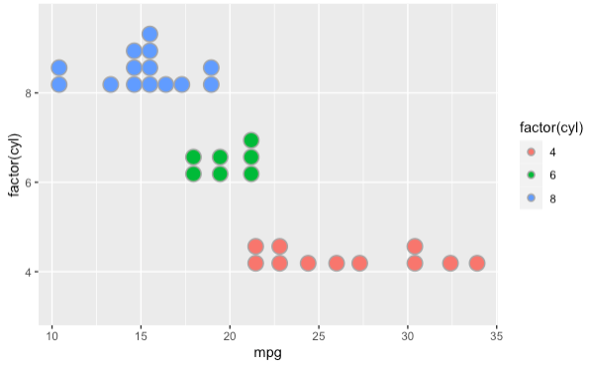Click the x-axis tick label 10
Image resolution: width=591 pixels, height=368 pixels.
[51, 335]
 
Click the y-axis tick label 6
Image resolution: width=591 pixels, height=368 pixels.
[31, 183]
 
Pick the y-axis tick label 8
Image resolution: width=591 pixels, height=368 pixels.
[31, 93]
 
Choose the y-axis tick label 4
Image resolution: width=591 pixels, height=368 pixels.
[31, 272]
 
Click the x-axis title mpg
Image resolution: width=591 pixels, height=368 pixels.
[267, 353]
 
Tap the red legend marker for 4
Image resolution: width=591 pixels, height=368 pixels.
[532, 152]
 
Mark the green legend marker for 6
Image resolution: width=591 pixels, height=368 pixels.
[532, 175]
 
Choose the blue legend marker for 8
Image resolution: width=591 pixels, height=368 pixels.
[532, 197]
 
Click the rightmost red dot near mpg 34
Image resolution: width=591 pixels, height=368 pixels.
[477, 263]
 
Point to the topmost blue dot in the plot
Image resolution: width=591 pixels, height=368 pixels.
[149, 35]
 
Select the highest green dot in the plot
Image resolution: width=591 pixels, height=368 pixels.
[251, 140]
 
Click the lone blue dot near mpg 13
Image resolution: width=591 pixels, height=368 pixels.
[111, 84]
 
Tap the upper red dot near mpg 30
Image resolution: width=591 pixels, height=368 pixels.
[415, 246]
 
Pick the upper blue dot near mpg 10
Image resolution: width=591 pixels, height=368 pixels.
[59, 67]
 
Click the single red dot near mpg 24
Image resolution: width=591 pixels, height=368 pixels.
[308, 263]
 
